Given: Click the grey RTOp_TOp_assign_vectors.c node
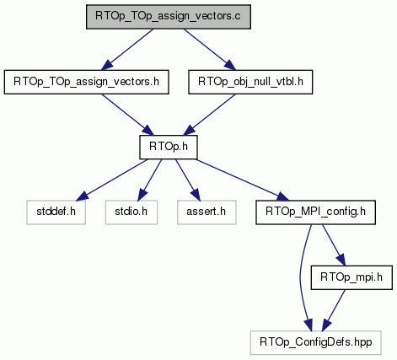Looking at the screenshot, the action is point(169,17).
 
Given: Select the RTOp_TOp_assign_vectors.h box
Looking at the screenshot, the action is point(86,82).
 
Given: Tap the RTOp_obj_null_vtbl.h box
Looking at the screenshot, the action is point(250,82).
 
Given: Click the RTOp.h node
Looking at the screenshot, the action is point(169,147).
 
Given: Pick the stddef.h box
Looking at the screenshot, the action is point(56,212).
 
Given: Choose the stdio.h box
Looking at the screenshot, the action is point(131,212).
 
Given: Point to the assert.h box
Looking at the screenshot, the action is point(207,212).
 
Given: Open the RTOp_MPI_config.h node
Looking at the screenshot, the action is point(315,212).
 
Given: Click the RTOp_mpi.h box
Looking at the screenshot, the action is point(351,277).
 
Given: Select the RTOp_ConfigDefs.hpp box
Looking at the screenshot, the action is point(316,342).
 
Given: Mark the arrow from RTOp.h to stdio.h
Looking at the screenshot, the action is point(150,180).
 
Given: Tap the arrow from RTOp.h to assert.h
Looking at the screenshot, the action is point(187,180).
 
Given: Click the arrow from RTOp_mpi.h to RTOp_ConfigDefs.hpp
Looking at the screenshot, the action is point(334,310).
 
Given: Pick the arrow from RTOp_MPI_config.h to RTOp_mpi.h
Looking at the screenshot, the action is point(334,245).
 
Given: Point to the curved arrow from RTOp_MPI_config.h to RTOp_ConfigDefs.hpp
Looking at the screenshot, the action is point(300,278).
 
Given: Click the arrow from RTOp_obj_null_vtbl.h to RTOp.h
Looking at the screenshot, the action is point(210,115).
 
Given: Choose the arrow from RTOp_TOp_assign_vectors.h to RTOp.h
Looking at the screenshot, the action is point(128,115).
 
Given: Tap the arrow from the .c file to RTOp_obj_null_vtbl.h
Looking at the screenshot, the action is point(210,49).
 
